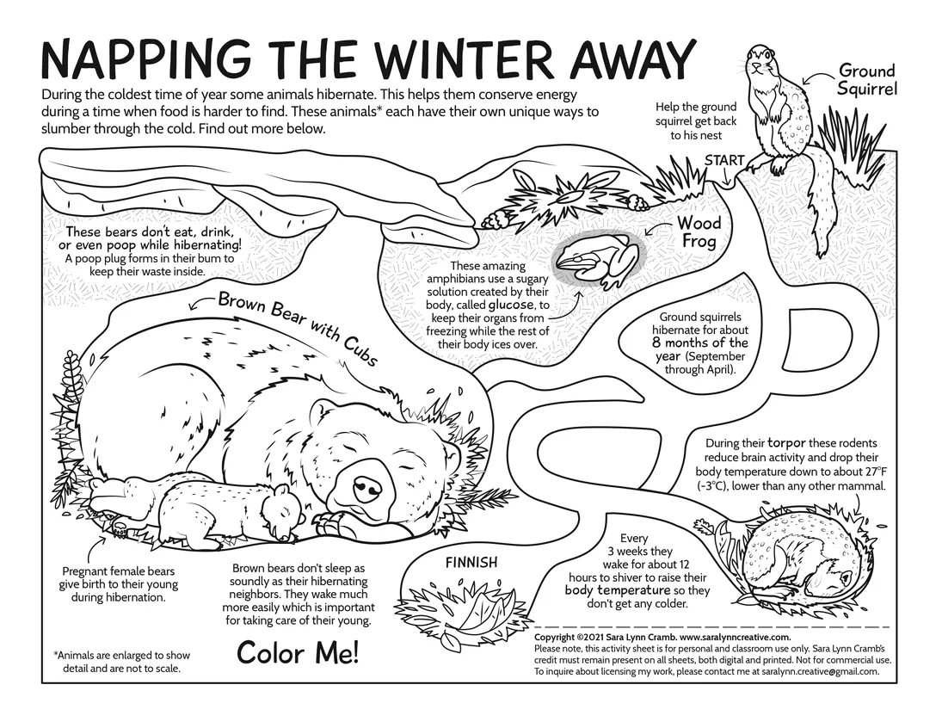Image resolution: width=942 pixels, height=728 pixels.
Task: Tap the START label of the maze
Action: click(724, 161)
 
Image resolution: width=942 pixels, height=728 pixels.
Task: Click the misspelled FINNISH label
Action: click(471, 562)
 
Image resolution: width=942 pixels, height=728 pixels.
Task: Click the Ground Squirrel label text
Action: click(867, 79)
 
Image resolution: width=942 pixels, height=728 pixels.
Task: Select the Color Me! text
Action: click(298, 652)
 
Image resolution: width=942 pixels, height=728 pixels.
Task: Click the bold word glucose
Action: click(510, 305)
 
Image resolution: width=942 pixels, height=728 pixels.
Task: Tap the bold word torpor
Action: click(786, 443)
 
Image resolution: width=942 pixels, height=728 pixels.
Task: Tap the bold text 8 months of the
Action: click(700, 343)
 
